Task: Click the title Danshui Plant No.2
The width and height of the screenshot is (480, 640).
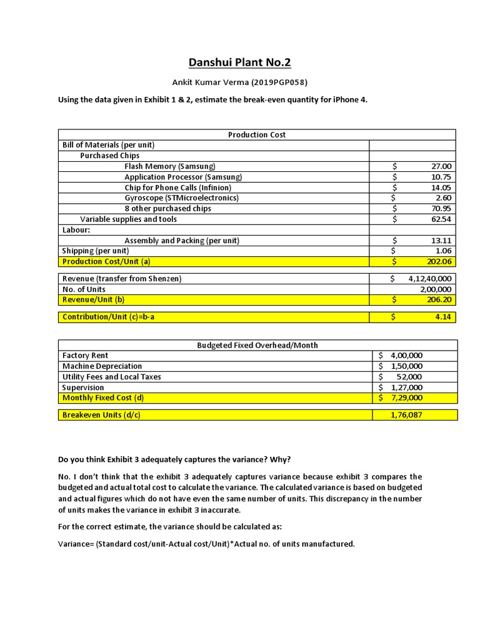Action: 240,62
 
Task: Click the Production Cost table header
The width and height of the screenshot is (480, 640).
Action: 257,134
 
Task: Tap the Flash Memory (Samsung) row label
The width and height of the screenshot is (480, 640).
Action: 169,166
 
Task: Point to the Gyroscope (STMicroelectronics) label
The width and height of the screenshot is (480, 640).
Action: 181,198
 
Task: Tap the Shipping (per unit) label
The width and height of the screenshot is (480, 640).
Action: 95,251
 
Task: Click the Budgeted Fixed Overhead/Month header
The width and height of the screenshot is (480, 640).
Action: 257,345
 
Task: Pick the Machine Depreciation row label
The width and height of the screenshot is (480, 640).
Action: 102,366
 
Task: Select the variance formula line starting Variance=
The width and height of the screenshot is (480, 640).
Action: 206,544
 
